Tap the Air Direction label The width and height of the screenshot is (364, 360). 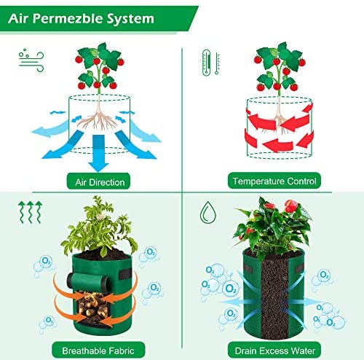point(98,181)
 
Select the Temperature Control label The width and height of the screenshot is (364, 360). point(274,181)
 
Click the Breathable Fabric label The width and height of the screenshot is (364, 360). point(98,350)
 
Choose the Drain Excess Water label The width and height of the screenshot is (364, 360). point(274,350)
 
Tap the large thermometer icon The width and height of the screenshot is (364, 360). point(206,63)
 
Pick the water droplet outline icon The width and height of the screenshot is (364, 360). point(208,212)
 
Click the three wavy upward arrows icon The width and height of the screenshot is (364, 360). point(30,212)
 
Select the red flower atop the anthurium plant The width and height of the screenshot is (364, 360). point(291,206)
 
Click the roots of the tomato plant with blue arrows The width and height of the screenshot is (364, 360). point(98,119)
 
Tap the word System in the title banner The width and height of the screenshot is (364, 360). point(130,19)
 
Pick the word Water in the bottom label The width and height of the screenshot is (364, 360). point(303,351)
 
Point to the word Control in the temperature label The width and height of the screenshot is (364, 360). point(301,181)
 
